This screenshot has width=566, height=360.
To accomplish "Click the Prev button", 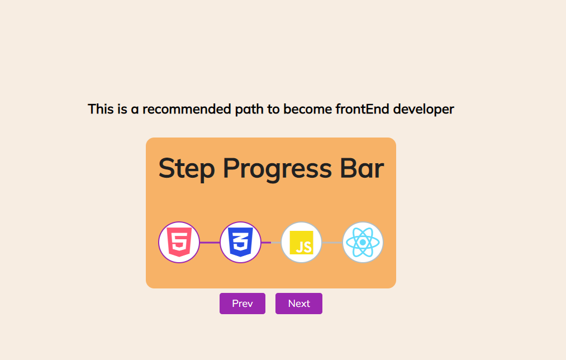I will [x=242, y=304].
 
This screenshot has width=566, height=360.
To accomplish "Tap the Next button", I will [x=298, y=304].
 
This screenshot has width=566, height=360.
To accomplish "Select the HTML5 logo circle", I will [x=179, y=242].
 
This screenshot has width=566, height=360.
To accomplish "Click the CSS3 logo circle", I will [x=240, y=242].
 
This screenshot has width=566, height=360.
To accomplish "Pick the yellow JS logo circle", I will [x=302, y=242].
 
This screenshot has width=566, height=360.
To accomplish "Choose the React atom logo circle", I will [x=363, y=242].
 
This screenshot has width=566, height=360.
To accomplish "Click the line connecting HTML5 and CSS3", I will [x=210, y=243].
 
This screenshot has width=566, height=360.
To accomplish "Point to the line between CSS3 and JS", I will [x=271, y=243].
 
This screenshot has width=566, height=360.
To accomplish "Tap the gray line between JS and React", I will [x=332, y=243].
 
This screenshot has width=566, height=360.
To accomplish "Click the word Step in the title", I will [x=186, y=169].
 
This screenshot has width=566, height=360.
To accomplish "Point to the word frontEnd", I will [x=362, y=109].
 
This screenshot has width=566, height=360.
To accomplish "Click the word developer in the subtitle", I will [x=424, y=109].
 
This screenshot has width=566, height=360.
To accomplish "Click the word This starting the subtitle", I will [x=101, y=109].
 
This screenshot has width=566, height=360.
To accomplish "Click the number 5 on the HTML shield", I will [x=179, y=243].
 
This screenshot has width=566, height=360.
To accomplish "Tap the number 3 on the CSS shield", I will [x=240, y=243].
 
